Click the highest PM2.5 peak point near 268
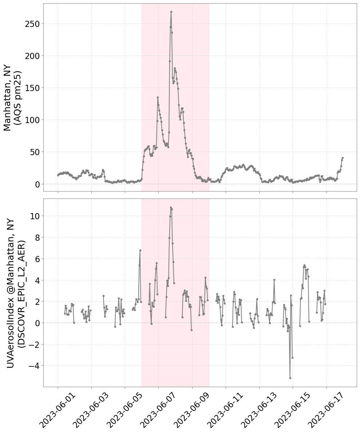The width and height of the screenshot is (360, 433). pos(171,12)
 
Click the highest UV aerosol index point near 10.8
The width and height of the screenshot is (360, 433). pos(171,207)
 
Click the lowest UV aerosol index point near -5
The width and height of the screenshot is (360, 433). pos(290,378)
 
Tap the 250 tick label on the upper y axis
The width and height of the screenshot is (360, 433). pos(32,24)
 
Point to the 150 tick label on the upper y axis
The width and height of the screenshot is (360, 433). pos(32,88)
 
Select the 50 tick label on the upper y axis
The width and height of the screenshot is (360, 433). pos(35,152)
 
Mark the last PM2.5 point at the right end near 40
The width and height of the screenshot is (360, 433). pos(343,158)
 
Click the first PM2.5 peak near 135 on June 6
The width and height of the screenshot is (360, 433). pos(158,97)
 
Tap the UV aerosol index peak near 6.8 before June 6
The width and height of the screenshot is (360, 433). pos(140,250)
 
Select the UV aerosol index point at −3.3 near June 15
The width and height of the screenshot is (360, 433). pos(292,358)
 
